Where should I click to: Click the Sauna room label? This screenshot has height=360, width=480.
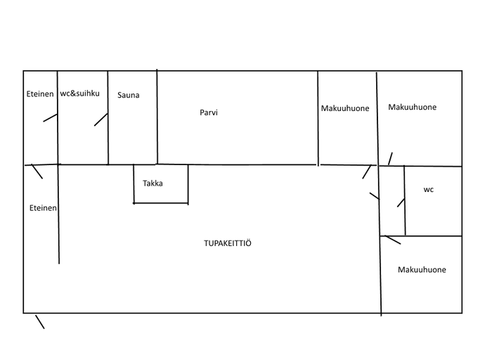coord(129,95)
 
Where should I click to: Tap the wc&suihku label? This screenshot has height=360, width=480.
coord(79,93)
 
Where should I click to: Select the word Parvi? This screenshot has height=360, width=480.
coord(209,112)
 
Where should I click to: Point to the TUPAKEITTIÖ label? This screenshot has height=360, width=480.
coord(228,243)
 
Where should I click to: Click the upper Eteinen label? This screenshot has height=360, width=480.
coord(40,94)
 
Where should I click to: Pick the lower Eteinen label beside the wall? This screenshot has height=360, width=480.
coord(43,208)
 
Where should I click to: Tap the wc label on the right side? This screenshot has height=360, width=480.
coord(429,190)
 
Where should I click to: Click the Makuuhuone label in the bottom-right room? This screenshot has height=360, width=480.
coord(422,269)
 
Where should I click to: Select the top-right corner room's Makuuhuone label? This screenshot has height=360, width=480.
coord(413,107)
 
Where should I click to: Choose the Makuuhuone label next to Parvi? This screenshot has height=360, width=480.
coord(345,108)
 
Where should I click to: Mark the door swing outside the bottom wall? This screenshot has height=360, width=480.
coord(40,322)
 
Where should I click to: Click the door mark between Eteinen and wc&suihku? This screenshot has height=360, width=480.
coord(50,117)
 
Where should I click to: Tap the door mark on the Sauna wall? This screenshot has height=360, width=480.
coord(101,120)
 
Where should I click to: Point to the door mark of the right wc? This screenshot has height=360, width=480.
coord(401,202)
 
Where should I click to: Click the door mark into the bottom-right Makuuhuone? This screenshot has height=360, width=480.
coord(393,240)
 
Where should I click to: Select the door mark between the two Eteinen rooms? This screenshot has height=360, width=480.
coord(37,172)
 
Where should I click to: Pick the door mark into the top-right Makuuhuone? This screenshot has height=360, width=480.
coord(390,159)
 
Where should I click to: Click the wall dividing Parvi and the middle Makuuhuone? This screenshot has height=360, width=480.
coord(318,119)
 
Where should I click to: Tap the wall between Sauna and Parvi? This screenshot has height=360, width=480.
coord(157,117)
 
